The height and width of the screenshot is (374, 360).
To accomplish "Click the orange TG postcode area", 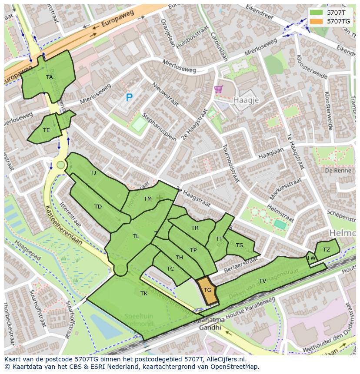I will (207, 290).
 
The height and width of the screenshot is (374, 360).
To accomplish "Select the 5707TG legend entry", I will (338, 21).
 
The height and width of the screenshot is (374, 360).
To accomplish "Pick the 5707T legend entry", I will (335, 12).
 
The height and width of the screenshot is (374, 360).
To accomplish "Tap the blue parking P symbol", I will (129, 98).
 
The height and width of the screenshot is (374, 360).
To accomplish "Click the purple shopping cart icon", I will (218, 89).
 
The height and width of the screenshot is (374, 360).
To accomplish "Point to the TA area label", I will (50, 77).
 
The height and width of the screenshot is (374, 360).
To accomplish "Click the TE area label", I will (47, 130).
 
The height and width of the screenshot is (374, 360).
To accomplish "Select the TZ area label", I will (326, 249).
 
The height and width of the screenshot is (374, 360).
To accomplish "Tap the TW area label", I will (311, 258).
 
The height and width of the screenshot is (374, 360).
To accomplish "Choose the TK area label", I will (144, 294).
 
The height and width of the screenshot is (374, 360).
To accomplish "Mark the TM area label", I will (148, 199).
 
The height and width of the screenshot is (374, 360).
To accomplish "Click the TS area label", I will (240, 245).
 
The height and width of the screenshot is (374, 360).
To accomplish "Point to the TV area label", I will (263, 281).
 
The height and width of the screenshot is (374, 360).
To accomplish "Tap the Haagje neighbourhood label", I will (246, 100).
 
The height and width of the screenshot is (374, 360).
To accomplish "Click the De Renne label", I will (335, 170).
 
